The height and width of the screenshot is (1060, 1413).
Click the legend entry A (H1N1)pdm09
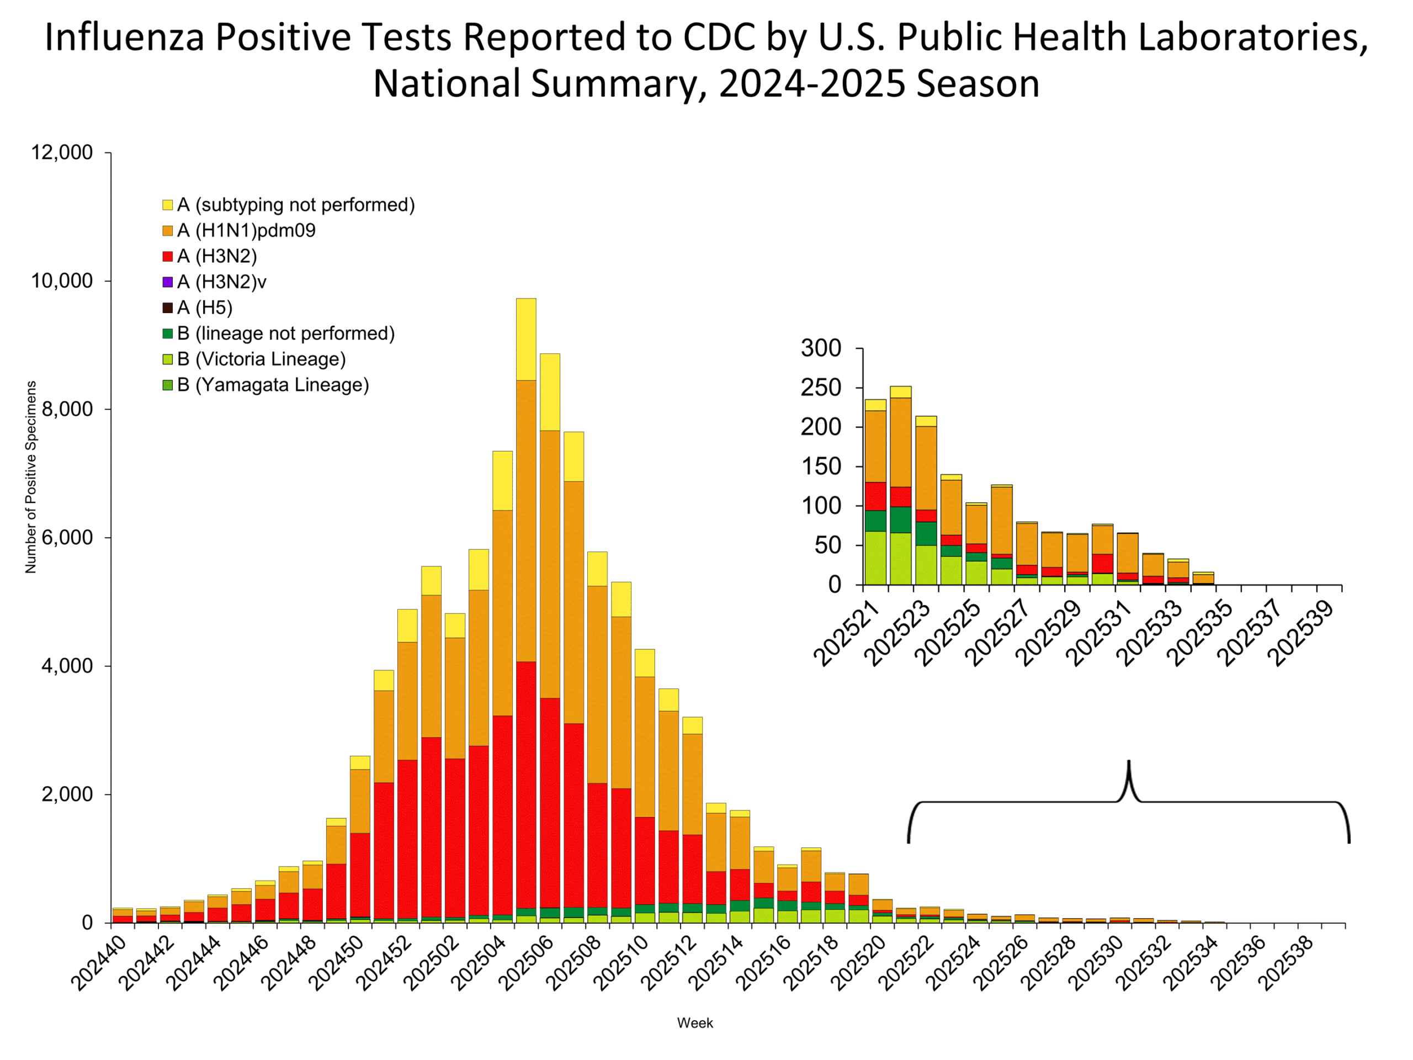[x=246, y=230]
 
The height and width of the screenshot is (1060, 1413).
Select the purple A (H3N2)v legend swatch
[x=168, y=282]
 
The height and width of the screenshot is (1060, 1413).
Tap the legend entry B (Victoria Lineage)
[x=261, y=359]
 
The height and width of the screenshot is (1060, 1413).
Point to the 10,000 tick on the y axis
[x=62, y=281]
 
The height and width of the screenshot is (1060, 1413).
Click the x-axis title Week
[x=695, y=1023]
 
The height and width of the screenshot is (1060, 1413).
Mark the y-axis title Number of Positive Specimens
[x=31, y=476]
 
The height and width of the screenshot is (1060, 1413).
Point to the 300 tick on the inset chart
[x=821, y=348]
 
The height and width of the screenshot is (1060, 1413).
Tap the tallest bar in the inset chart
[x=901, y=486]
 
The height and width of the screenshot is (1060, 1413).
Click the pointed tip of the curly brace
[x=1129, y=762]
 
